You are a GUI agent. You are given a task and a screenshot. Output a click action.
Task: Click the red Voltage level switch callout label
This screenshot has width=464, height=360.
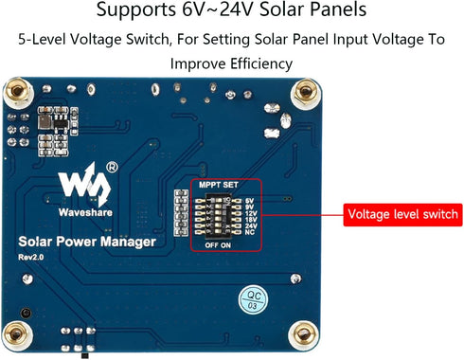pos(402,213)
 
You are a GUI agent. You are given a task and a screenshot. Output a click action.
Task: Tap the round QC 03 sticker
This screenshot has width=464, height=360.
pos(251,300)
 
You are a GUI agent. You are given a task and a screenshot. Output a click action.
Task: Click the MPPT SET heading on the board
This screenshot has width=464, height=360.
pos(218,185)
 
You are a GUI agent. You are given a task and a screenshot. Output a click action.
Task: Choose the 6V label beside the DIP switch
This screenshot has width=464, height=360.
pos(248,200)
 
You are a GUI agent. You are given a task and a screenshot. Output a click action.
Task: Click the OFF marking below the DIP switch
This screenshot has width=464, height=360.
pos(213,245)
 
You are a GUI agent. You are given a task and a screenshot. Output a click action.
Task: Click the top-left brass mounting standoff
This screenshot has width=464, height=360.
pos(16,93)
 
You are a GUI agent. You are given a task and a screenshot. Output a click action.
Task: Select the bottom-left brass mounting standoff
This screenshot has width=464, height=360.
pos(16,336)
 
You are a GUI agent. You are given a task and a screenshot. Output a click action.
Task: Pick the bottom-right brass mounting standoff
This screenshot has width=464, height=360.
pos(303,336)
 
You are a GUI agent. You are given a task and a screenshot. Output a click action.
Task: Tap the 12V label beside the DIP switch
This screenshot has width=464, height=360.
pos(250,213)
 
